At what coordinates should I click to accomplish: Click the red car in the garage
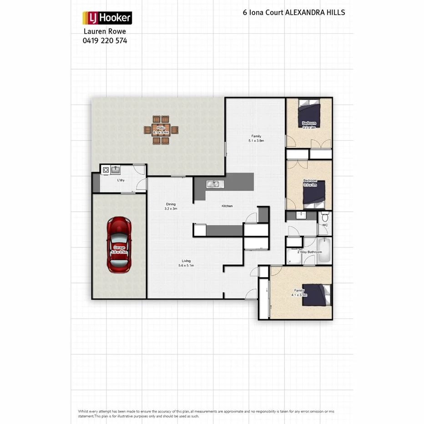pyautogui.click(x=119, y=244)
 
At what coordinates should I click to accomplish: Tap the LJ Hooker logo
pyautogui.click(x=107, y=18)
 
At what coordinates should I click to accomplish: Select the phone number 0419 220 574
pyautogui.click(x=105, y=40)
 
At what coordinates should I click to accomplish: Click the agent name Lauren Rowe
pyautogui.click(x=105, y=31)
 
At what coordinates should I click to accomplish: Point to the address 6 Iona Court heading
pyautogui.click(x=294, y=12)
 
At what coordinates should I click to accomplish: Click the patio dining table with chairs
pyautogui.click(x=161, y=130)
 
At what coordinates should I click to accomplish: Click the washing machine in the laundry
pyautogui.click(x=106, y=170)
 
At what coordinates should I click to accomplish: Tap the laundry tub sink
pyautogui.click(x=116, y=170)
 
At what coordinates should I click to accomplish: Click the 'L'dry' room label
pyautogui.click(x=121, y=181)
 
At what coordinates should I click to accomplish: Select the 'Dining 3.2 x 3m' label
pyautogui.click(x=171, y=206)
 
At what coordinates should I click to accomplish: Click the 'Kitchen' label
pyautogui.click(x=227, y=206)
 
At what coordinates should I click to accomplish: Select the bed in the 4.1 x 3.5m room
pyautogui.click(x=316, y=294)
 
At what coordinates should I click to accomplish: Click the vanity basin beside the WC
pyautogui.click(x=301, y=215)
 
